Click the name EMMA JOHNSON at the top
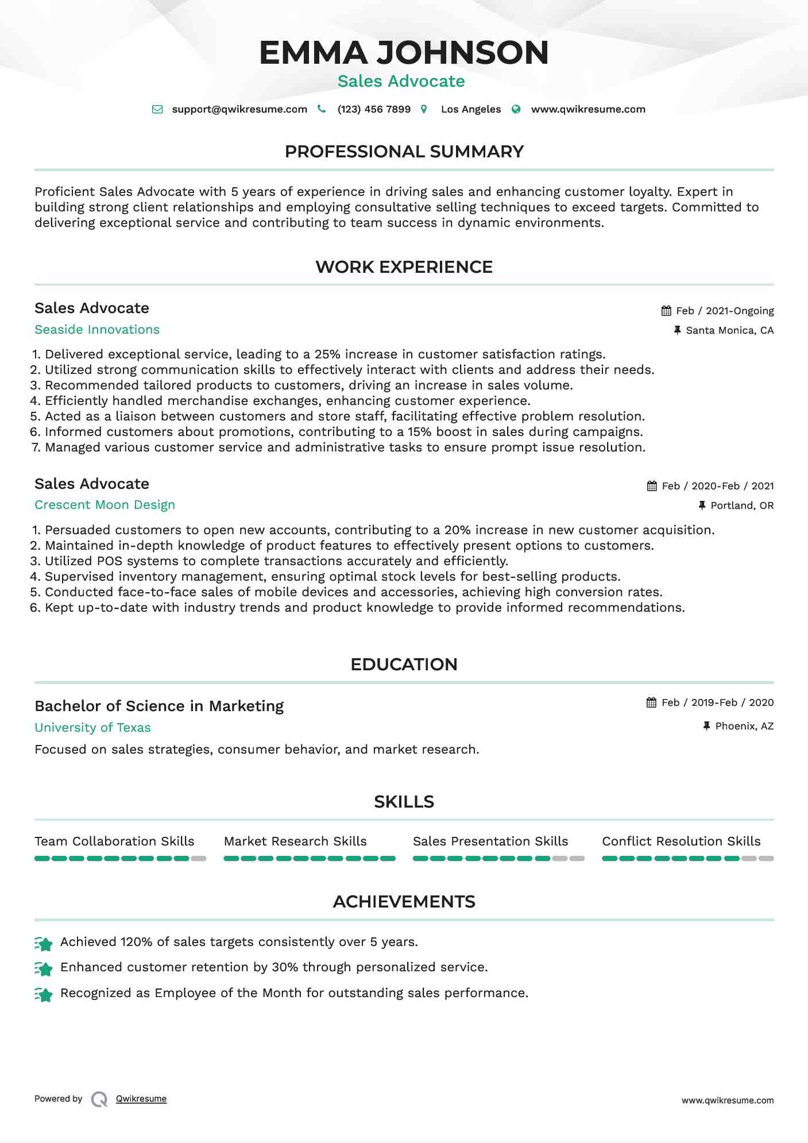click(404, 53)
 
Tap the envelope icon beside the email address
click(157, 109)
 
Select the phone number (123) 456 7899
click(374, 109)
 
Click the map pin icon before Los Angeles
click(424, 109)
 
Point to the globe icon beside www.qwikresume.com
click(516, 109)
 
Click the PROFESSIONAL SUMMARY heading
click(404, 152)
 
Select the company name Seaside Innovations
click(97, 330)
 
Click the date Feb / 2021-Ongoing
click(725, 311)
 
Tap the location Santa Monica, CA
click(729, 330)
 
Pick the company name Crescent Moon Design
click(105, 505)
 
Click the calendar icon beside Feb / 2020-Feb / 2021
click(652, 486)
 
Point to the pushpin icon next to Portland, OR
click(702, 505)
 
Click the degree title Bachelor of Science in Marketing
click(159, 706)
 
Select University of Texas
click(92, 728)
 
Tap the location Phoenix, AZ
click(744, 726)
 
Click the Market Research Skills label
click(295, 841)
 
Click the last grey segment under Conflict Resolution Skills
click(766, 859)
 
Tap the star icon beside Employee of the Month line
click(44, 994)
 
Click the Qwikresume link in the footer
click(141, 1099)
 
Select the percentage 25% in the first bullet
click(327, 354)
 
